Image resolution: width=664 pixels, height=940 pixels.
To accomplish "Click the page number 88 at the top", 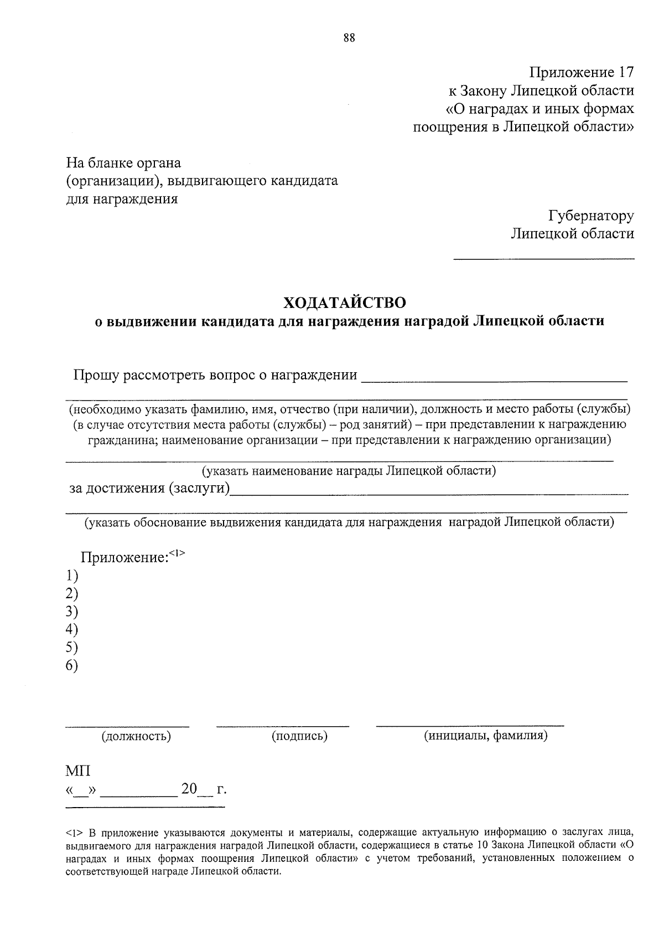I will (349, 38).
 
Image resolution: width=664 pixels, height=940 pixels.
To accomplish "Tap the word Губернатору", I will (591, 215).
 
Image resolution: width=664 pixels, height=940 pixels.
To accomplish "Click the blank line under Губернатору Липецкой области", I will (544, 258).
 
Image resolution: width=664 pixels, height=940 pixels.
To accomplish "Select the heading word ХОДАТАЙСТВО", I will (345, 302).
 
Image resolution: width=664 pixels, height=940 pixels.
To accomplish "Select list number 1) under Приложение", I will (71, 575).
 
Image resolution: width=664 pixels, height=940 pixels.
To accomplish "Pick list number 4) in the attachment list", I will (71, 629).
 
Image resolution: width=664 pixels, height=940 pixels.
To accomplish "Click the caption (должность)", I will (136, 736).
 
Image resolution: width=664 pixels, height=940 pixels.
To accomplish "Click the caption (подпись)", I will (299, 736).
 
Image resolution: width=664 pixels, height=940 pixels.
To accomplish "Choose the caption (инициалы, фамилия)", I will (485, 736).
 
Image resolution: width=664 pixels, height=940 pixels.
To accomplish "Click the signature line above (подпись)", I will (283, 725).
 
